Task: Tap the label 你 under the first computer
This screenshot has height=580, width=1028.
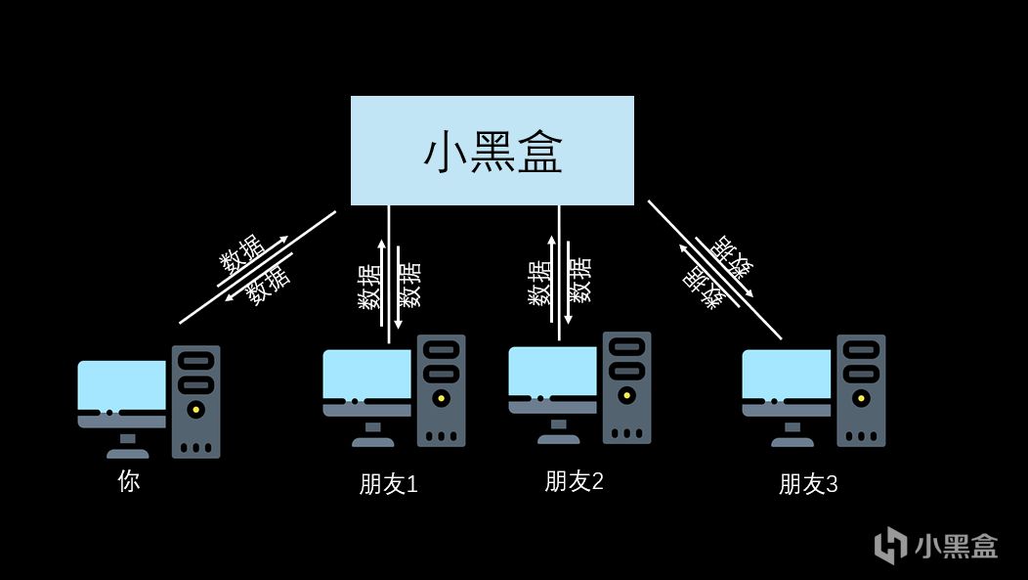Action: (x=128, y=480)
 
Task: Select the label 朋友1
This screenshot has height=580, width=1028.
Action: (x=388, y=483)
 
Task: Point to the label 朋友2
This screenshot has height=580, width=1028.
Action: (x=574, y=480)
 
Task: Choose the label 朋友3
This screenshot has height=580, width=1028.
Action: (x=808, y=483)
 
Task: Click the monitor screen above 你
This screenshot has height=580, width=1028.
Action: (x=121, y=384)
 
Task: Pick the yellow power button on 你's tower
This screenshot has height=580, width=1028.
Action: (x=196, y=410)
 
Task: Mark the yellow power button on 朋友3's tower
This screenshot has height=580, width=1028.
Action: (x=861, y=398)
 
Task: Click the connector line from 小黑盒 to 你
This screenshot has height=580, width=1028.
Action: (x=256, y=267)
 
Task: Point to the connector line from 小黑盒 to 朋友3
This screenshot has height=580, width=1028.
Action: (x=714, y=270)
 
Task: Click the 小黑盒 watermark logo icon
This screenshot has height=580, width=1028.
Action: (x=889, y=545)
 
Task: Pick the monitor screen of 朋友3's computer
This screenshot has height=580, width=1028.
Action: (x=786, y=374)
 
